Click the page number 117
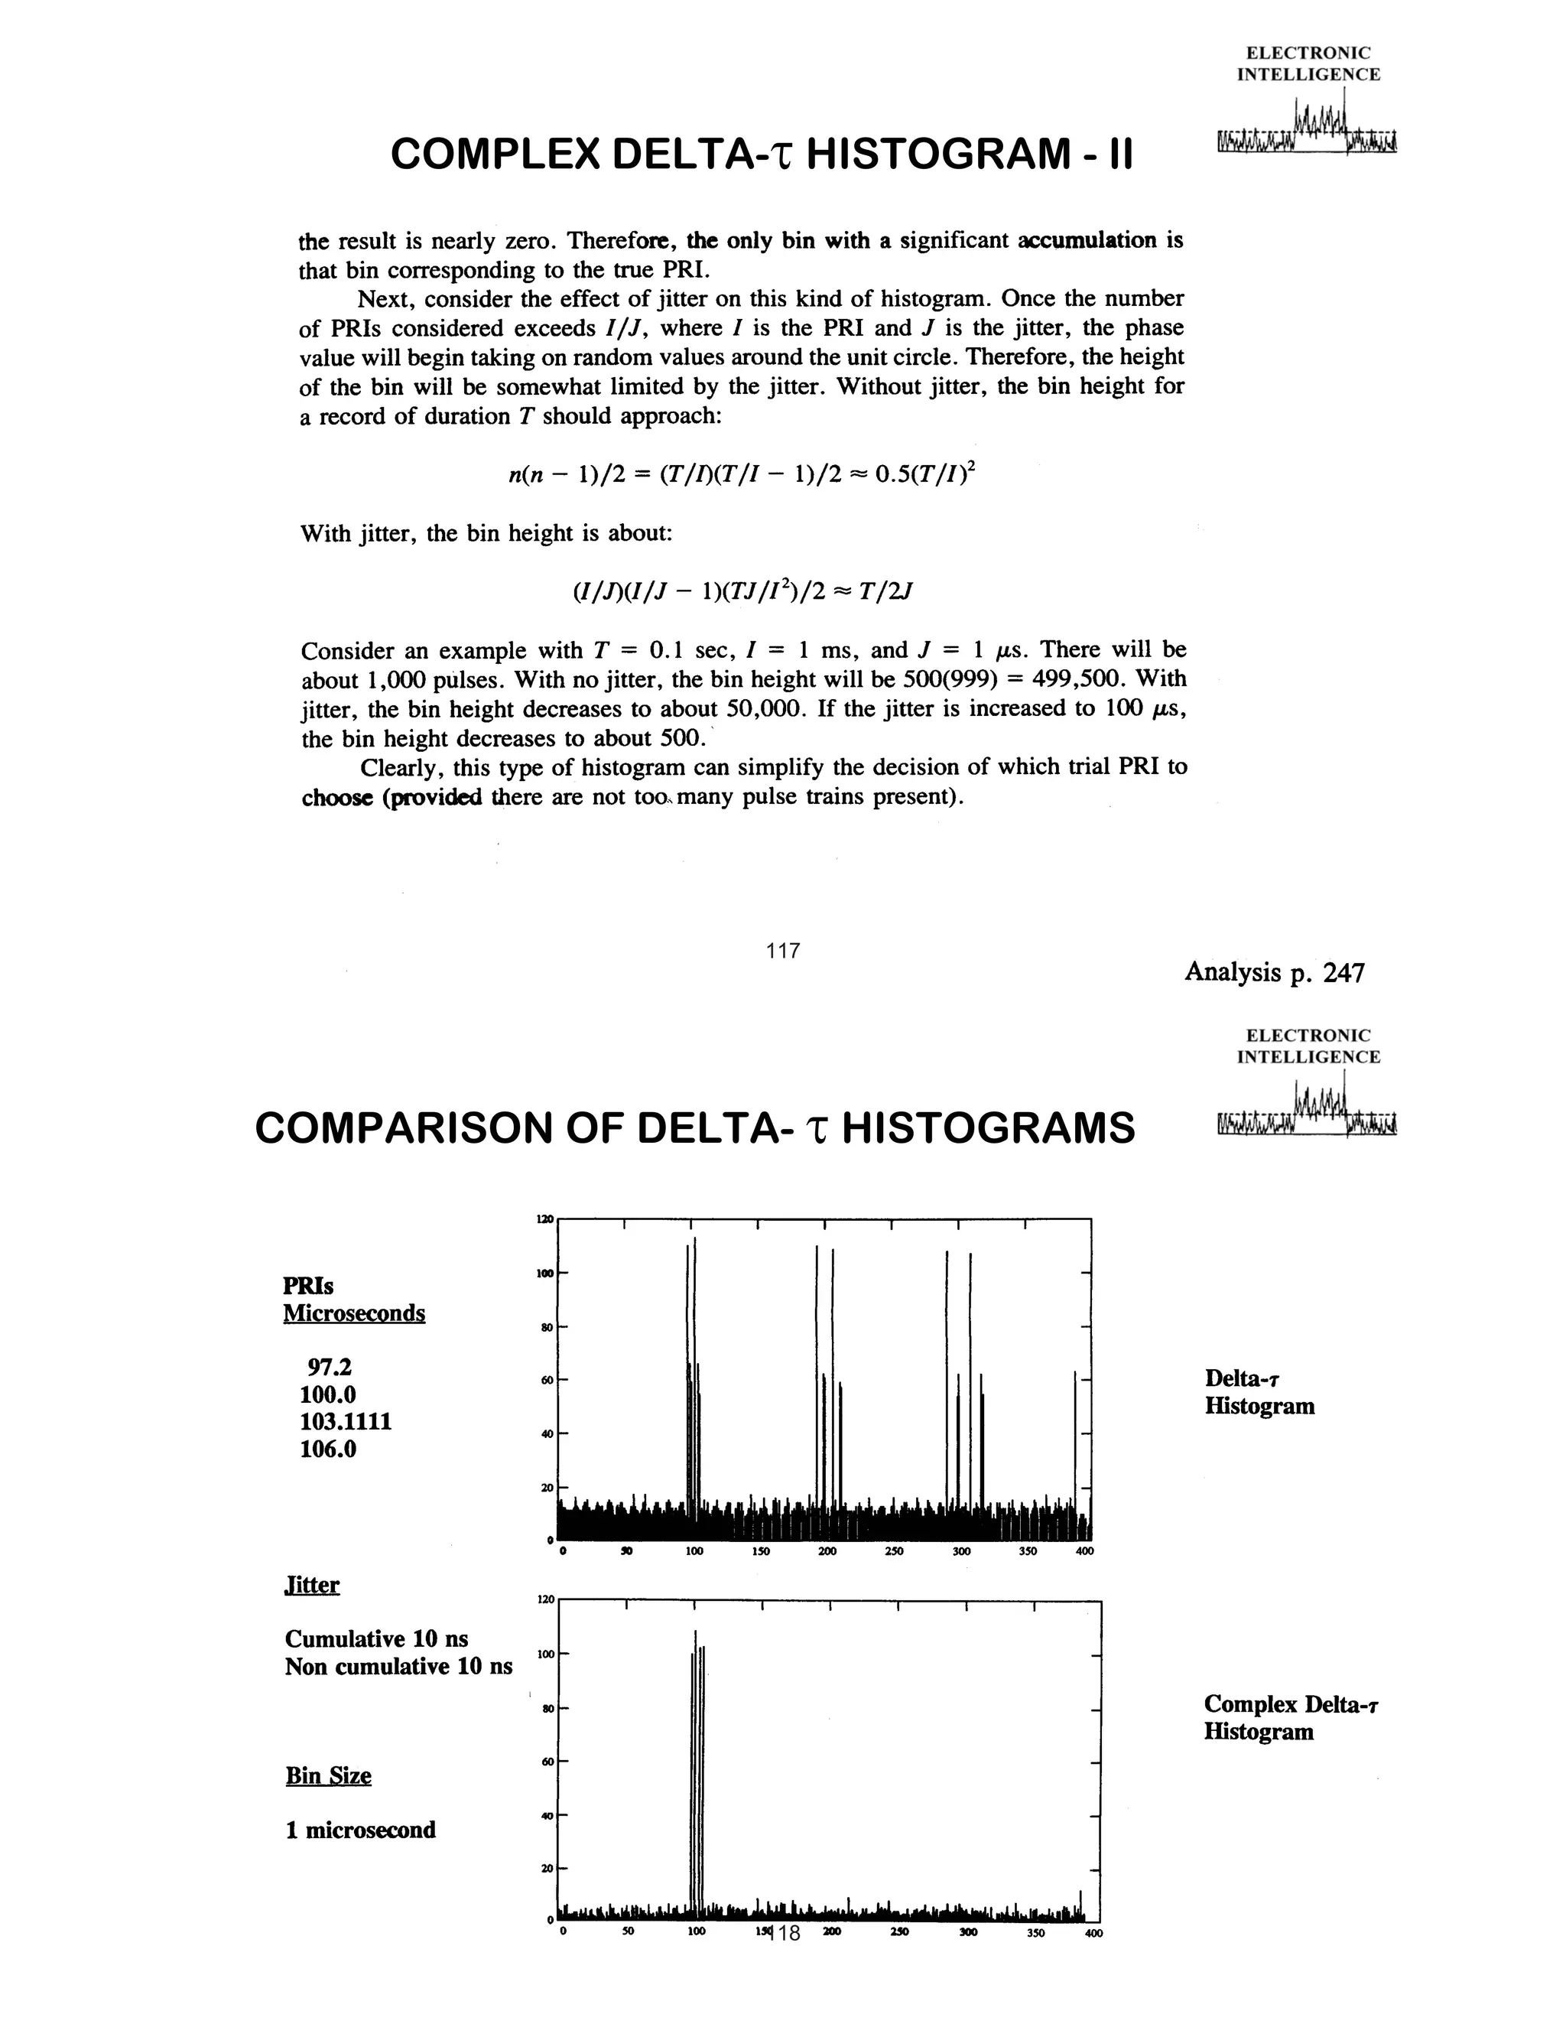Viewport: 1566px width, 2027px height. pyautogui.click(x=783, y=950)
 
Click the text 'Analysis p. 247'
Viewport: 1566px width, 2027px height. pyautogui.click(x=1274, y=973)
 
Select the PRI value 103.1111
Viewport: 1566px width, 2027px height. pyautogui.click(x=345, y=1422)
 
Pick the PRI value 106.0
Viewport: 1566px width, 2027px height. pyautogui.click(x=327, y=1449)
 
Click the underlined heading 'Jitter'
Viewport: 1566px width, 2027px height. pyautogui.click(x=312, y=1584)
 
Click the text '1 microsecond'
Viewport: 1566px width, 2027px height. pyautogui.click(x=360, y=1830)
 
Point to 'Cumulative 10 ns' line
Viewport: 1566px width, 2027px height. pyautogui.click(x=375, y=1639)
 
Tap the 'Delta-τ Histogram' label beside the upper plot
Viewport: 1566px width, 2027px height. pyautogui.click(x=1259, y=1391)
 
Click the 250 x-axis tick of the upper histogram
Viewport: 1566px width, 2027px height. pyautogui.click(x=893, y=1551)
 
